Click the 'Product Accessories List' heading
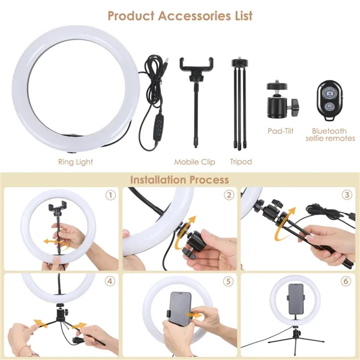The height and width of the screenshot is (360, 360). tap(180, 16)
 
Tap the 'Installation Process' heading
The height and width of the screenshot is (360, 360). tap(179, 180)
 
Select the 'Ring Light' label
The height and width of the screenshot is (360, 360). tap(76, 162)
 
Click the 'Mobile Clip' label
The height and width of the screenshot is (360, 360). tap(194, 162)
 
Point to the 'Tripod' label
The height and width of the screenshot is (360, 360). tap(241, 162)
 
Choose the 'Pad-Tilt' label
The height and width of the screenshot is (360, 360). tap(281, 131)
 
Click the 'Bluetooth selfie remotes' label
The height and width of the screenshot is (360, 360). tap(330, 134)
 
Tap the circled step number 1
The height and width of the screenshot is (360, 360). tap(110, 196)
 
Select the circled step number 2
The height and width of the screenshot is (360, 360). tap(229, 195)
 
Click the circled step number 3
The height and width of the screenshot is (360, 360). tap(347, 195)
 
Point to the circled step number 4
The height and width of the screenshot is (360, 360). tap(110, 281)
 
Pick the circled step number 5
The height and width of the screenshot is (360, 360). tap(228, 281)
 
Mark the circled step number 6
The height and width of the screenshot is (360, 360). tap(346, 281)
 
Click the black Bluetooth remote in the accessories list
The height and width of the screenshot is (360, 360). tap(330, 100)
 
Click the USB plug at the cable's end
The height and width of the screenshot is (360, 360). tap(166, 61)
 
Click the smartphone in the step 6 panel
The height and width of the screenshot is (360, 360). tap(296, 299)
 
